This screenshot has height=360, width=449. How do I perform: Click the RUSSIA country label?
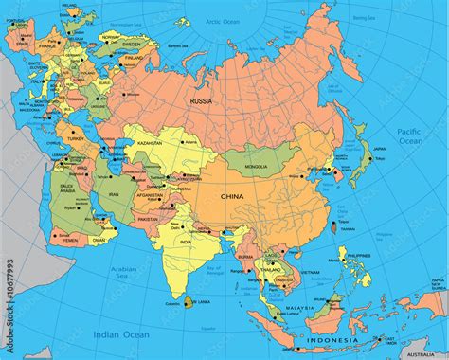200,99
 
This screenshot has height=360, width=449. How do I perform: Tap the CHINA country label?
232,196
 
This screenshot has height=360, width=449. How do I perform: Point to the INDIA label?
186,242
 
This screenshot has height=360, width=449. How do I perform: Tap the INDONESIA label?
332,339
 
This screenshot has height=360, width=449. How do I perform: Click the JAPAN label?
379,149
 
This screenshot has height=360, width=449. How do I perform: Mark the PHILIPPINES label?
358,256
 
